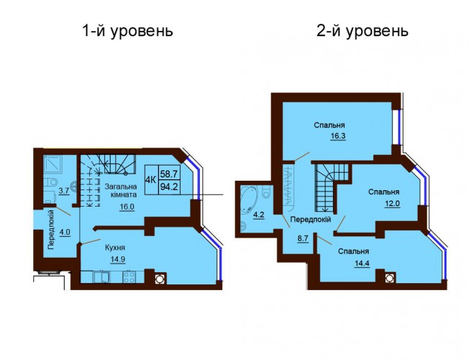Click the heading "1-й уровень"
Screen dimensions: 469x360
[127, 31]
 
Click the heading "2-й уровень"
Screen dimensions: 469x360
[363, 31]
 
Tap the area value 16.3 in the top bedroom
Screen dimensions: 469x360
[338, 136]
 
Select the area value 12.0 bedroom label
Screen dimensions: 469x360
[392, 204]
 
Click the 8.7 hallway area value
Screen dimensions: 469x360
[303, 239]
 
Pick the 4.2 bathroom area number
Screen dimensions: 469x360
[259, 215]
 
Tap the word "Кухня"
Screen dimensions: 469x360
[115, 248]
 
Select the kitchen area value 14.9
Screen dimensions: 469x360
[117, 259]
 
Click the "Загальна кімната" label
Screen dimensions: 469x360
[121, 191]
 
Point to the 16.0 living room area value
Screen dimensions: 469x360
[127, 207]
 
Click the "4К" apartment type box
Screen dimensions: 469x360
[151, 180]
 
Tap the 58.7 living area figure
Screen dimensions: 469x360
[169, 173]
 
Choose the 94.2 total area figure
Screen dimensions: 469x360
[169, 187]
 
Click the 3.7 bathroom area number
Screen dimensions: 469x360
[64, 191]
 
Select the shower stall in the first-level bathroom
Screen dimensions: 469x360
[53, 164]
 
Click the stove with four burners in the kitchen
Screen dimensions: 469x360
[129, 277]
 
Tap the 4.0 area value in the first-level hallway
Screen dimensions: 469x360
[65, 232]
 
